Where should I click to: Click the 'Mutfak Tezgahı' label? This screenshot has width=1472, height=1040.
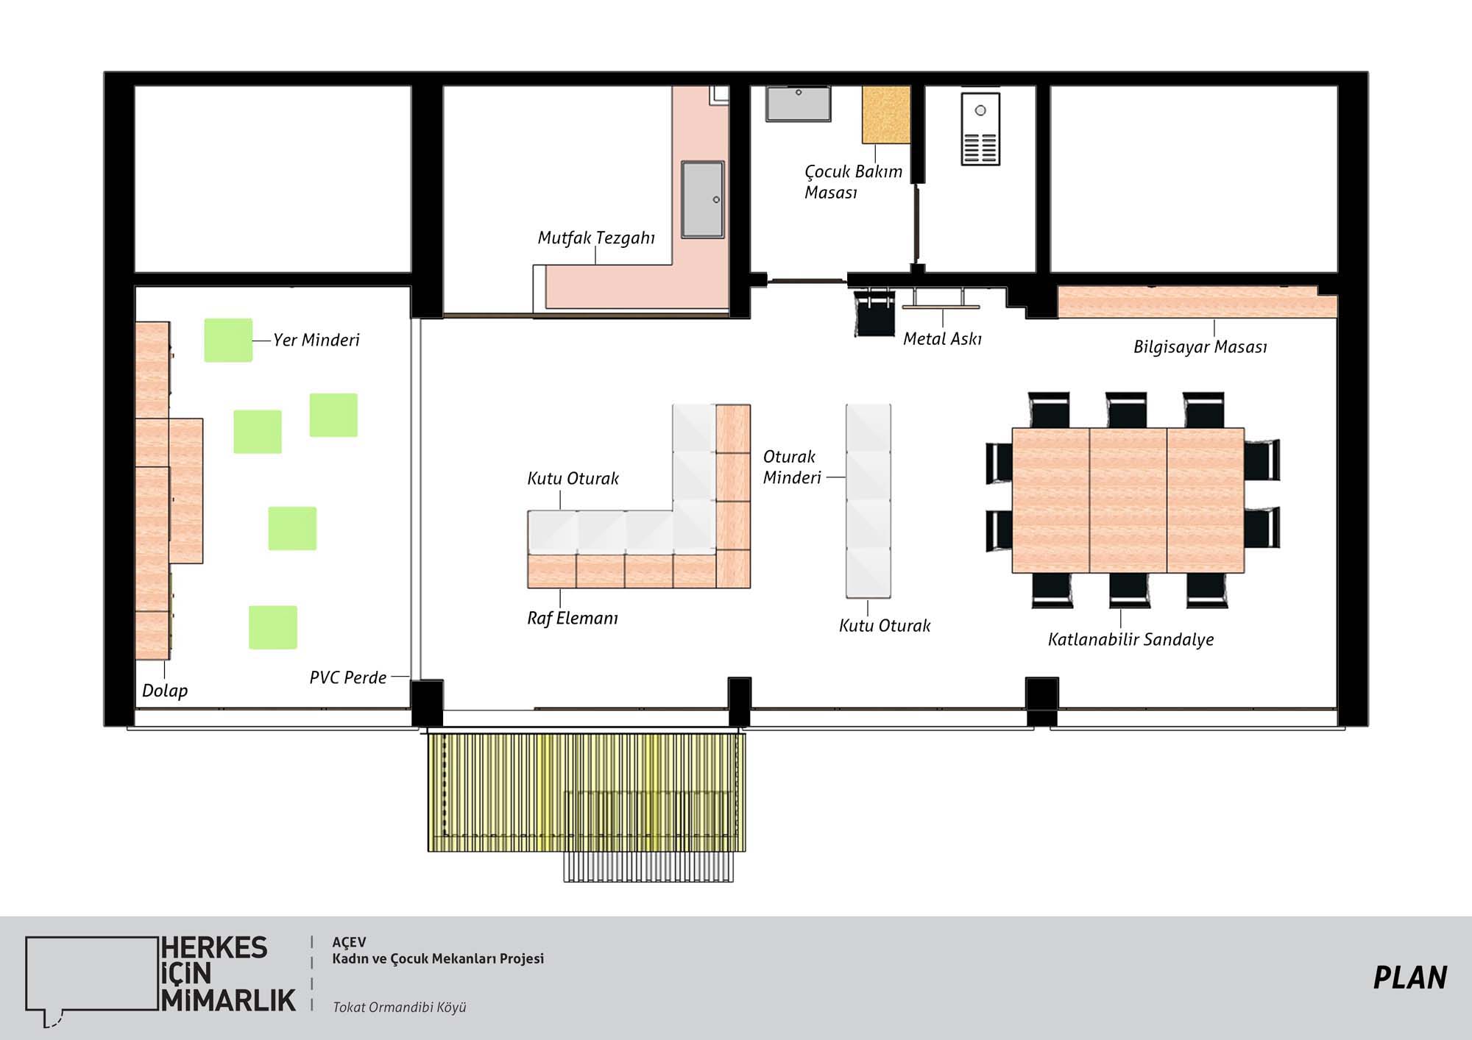596,238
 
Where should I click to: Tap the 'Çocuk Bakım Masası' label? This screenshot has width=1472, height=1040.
853,182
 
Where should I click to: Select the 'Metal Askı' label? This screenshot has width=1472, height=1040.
942,338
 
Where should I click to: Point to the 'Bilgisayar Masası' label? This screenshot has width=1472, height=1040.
1200,347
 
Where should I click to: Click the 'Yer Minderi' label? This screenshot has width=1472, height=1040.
316,340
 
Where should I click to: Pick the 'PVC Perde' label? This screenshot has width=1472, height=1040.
348,677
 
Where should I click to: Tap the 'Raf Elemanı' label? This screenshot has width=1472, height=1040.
573,618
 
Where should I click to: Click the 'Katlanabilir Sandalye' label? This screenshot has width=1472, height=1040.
1131,639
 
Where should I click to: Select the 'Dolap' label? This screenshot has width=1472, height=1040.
165,691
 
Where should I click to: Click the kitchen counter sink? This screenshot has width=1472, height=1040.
702,199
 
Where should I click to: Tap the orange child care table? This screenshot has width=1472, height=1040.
886,114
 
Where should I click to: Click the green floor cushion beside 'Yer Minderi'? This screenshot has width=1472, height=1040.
228,340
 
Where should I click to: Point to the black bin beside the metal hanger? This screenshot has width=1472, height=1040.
874,313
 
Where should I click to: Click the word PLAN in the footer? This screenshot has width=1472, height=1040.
1410,977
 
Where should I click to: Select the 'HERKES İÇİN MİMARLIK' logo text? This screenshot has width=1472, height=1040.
228,974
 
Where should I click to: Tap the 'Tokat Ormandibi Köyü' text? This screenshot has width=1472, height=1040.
400,1007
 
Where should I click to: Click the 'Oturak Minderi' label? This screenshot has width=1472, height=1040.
792,467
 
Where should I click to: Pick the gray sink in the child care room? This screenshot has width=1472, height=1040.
798,104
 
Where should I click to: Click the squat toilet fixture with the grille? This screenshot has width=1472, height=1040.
980,129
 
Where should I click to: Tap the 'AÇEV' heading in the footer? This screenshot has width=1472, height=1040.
349,942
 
